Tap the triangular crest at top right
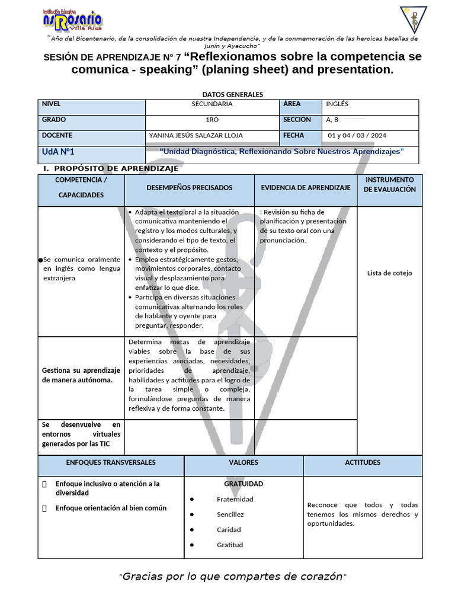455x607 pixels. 414,19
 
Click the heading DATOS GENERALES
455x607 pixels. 232,94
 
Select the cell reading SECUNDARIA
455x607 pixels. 212,104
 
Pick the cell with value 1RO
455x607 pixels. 212,120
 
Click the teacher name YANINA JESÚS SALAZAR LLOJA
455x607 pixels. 196,136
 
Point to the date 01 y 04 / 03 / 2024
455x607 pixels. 357,136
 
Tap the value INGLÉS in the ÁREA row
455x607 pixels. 337,104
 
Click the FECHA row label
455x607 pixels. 294,135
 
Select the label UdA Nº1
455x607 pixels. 58,152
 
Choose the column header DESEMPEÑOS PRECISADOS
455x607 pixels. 190,187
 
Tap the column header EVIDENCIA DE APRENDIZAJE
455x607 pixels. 306,187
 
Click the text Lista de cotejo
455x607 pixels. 389,273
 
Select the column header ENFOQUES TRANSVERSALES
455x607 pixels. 111,462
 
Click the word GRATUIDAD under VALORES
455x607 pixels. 243,484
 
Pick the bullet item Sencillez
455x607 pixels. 230,515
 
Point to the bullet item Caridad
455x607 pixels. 229,530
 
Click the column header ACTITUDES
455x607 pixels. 363,462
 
